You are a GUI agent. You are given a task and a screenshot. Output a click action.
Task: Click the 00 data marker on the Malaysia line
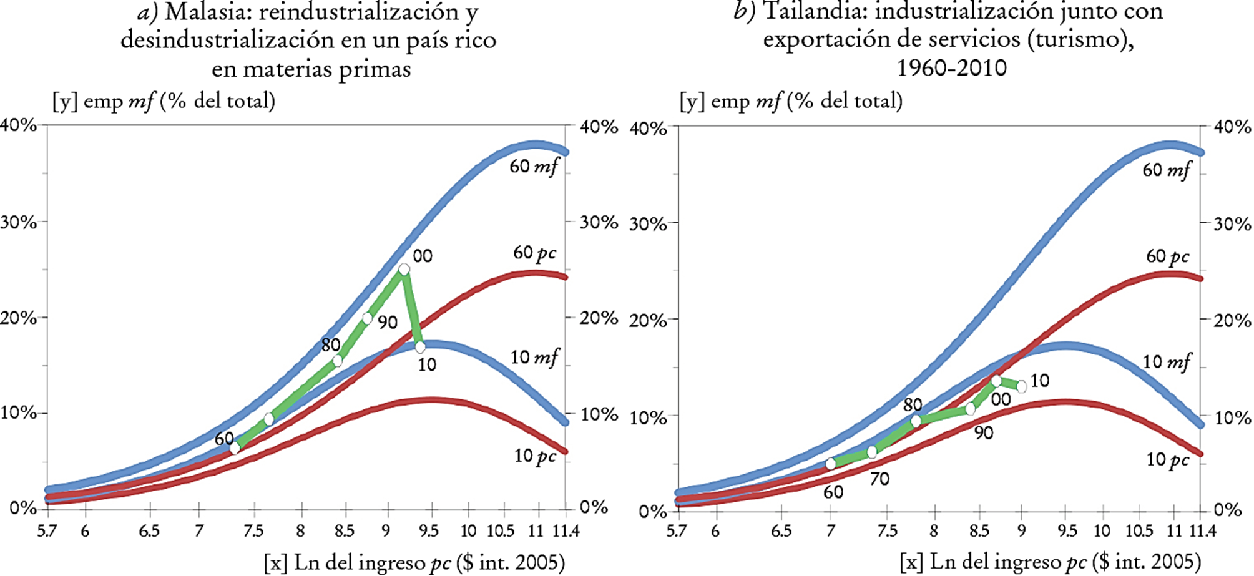(x=404, y=270)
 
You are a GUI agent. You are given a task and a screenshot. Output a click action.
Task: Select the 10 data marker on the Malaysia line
(x=420, y=347)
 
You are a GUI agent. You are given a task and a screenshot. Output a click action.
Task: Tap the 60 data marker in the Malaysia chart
(x=235, y=448)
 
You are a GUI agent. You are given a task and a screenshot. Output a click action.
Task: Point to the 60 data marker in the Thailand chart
(x=831, y=464)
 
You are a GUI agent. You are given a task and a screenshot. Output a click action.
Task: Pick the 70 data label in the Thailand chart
(x=879, y=479)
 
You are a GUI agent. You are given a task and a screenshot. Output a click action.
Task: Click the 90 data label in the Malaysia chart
(x=387, y=323)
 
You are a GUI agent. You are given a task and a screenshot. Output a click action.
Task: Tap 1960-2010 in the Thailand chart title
(x=952, y=67)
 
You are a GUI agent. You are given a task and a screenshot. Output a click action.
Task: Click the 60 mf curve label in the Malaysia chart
(x=534, y=167)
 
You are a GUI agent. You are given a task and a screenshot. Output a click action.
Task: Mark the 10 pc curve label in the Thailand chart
(x=1167, y=460)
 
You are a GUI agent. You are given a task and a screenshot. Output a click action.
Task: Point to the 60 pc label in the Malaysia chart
(x=534, y=253)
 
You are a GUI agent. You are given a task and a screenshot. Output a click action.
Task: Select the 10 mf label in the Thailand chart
(x=1166, y=362)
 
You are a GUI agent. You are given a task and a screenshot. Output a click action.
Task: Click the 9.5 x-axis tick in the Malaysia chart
(x=428, y=531)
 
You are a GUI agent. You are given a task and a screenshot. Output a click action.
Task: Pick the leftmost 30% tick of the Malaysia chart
(x=19, y=222)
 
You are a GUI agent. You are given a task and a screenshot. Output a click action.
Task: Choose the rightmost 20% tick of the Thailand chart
(x=1232, y=321)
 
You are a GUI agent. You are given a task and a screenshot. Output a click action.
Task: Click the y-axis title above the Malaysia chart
(x=164, y=101)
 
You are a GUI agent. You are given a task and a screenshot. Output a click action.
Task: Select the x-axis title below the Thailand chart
(x=1051, y=562)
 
